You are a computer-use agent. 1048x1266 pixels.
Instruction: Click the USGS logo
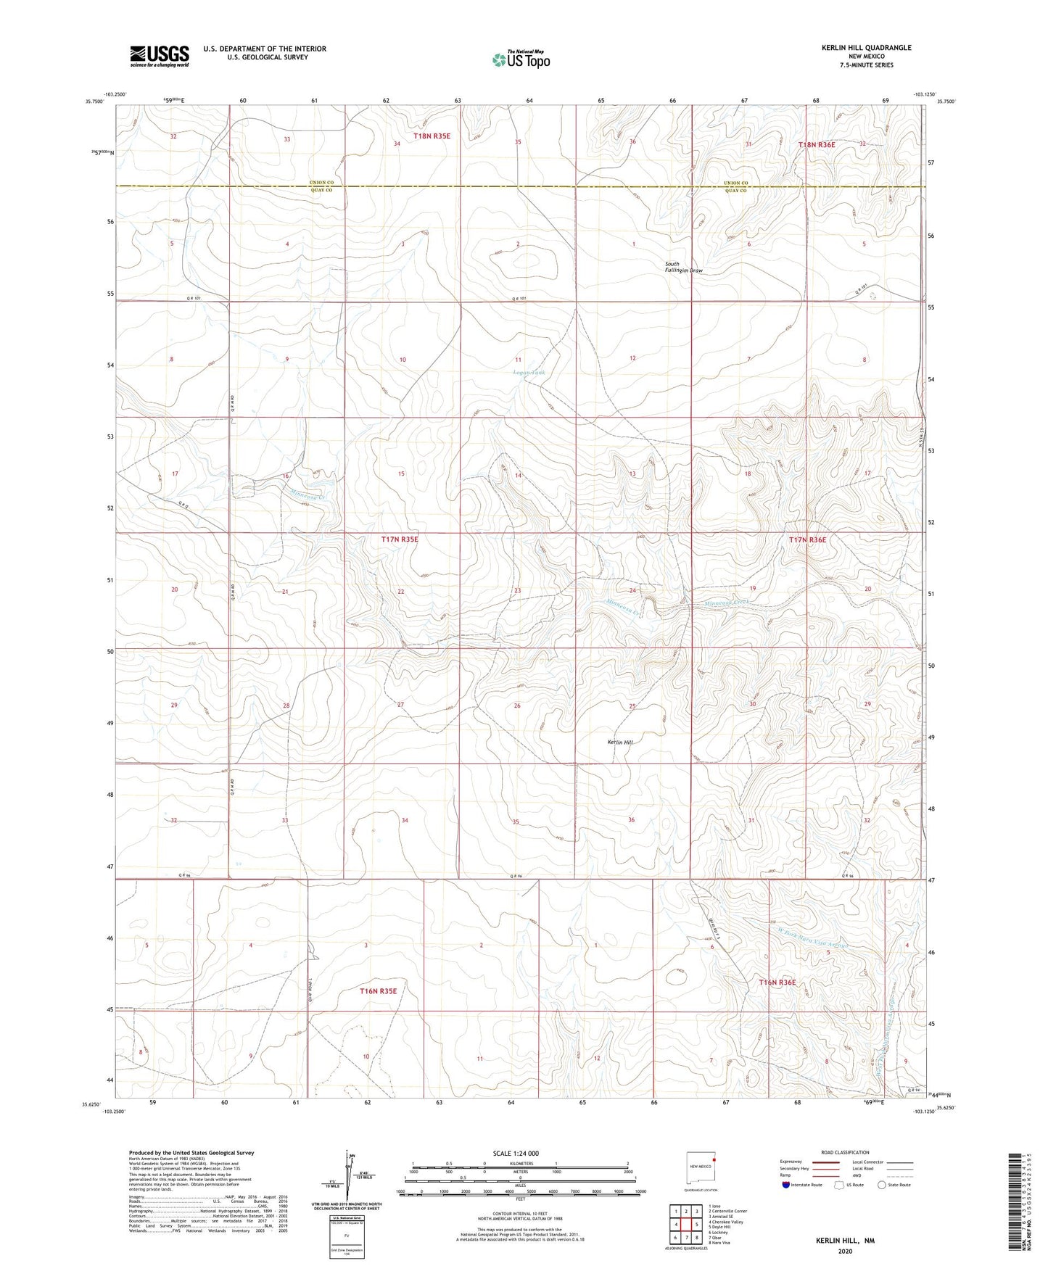[160, 56]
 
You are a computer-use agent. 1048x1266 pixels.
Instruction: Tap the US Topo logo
[520, 59]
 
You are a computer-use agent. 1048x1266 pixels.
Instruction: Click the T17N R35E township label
[400, 539]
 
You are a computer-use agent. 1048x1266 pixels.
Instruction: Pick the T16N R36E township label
[777, 982]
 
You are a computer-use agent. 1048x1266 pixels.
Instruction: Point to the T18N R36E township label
[817, 145]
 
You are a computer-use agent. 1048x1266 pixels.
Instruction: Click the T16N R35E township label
[379, 990]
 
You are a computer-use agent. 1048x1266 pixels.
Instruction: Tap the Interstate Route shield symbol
[786, 1185]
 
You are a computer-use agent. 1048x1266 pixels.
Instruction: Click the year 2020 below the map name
[844, 1251]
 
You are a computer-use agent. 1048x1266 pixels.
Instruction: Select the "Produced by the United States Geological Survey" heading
[191, 1152]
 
